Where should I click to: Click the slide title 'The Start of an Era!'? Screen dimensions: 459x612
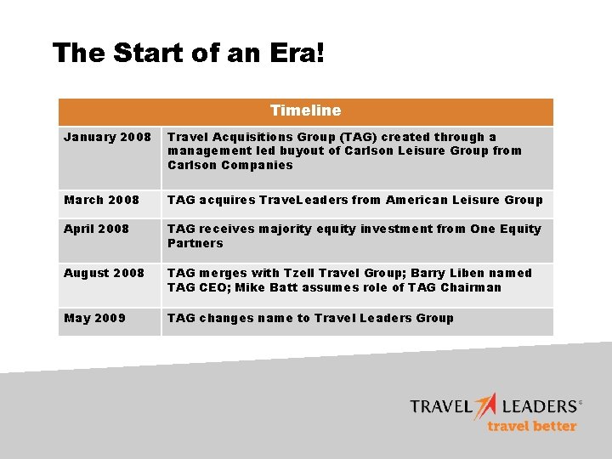pyautogui.click(x=188, y=53)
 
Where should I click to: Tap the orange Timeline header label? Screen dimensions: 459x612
pyautogui.click(x=305, y=110)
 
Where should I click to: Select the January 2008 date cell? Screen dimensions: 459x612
pyautogui.click(x=108, y=137)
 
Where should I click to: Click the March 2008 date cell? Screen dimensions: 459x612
pyautogui.click(x=101, y=200)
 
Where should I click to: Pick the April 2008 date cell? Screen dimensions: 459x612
pyautogui.click(x=96, y=229)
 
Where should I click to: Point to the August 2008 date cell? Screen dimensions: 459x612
pyautogui.click(x=104, y=273)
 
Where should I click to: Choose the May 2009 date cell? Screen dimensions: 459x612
pyautogui.click(x=94, y=318)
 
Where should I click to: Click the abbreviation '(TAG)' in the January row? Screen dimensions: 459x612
pyautogui.click(x=360, y=137)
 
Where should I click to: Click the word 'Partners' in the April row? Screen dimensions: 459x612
pyautogui.click(x=195, y=243)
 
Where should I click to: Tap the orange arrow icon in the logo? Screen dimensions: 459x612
pyautogui.click(x=485, y=405)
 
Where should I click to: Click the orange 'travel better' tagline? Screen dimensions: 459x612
pyautogui.click(x=531, y=426)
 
